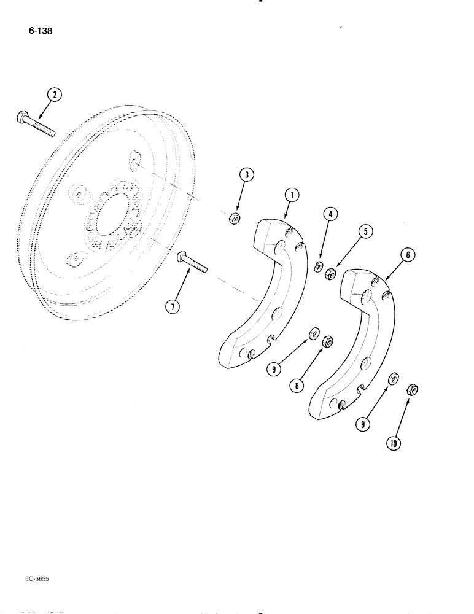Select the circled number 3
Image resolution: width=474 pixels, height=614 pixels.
246,176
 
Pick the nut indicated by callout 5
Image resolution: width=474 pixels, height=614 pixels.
330,273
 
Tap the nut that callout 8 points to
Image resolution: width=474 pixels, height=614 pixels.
327,340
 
